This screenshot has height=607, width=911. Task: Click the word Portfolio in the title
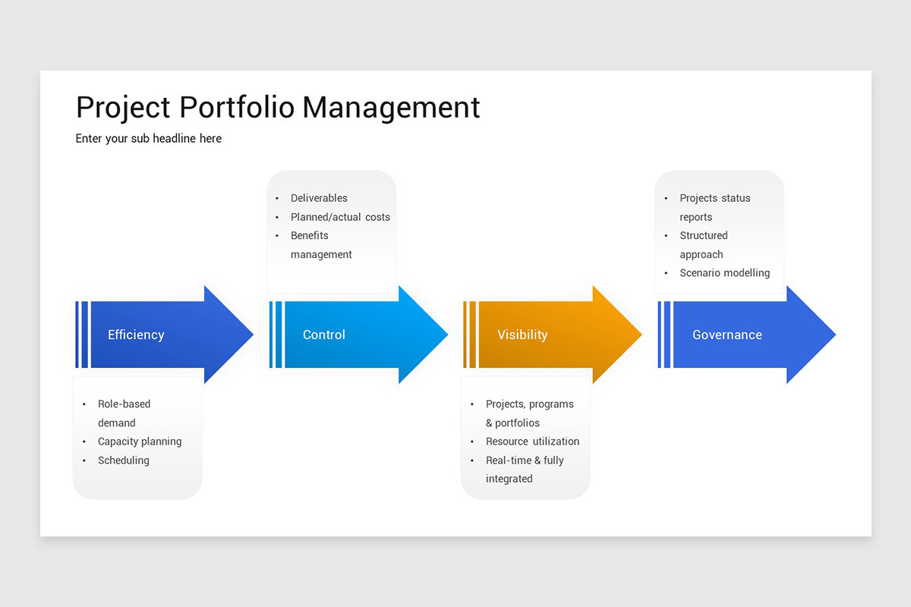tap(236, 107)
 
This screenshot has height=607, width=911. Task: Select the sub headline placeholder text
tap(149, 138)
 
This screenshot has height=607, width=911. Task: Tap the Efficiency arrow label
tap(136, 335)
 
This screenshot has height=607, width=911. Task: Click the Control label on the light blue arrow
tap(323, 335)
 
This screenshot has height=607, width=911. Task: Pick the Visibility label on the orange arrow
tap(522, 335)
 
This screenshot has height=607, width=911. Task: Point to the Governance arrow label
tap(727, 335)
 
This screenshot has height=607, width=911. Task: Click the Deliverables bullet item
tap(319, 198)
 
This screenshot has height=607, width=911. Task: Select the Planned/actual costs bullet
tap(340, 217)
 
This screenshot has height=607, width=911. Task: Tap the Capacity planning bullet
tap(140, 442)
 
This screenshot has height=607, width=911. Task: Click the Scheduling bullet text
tap(124, 461)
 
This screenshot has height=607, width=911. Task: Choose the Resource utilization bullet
tap(532, 442)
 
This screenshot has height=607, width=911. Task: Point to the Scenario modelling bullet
tap(724, 273)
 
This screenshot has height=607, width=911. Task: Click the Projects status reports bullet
tap(714, 207)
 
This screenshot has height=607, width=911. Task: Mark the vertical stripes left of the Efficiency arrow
tap(82, 335)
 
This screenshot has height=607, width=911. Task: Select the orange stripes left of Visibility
tap(470, 335)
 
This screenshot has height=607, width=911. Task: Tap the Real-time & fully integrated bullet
tap(524, 470)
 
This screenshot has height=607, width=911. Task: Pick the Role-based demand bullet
tap(124, 414)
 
